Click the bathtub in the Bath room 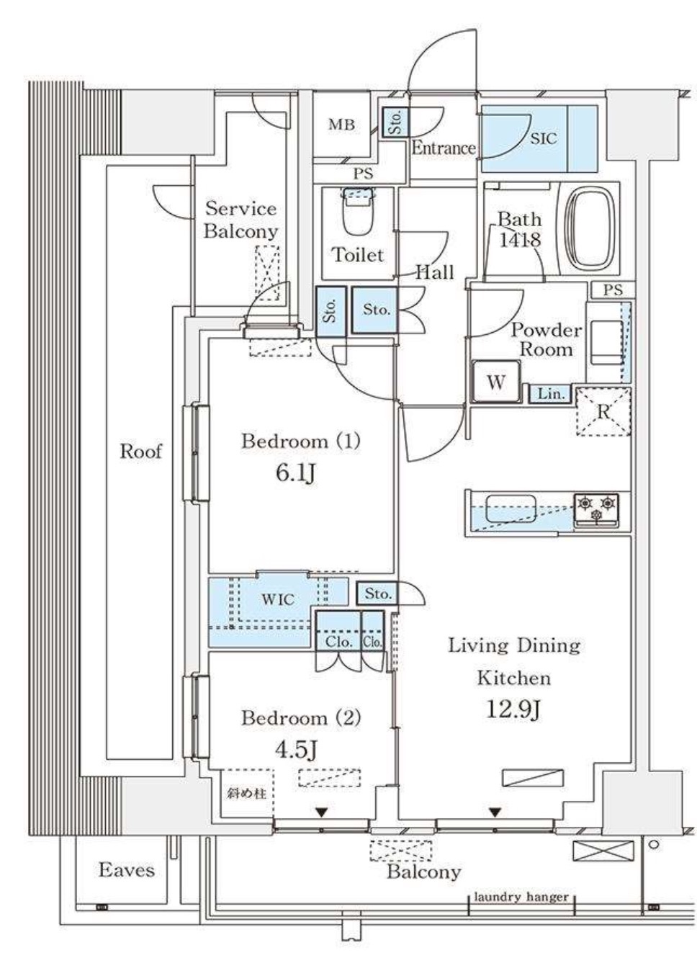click(592, 228)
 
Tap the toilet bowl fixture click(358, 213)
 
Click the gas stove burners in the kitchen click(596, 508)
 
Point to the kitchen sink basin click(511, 509)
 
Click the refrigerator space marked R click(603, 413)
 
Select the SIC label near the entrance click(544, 138)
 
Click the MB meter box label click(342, 125)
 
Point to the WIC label click(277, 599)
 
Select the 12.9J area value click(513, 710)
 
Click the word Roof click(140, 452)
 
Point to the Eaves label click(126, 870)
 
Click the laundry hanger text click(521, 897)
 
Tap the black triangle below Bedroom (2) click(322, 812)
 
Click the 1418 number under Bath click(520, 240)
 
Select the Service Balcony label click(240, 220)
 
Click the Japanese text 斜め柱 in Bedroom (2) click(246, 794)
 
